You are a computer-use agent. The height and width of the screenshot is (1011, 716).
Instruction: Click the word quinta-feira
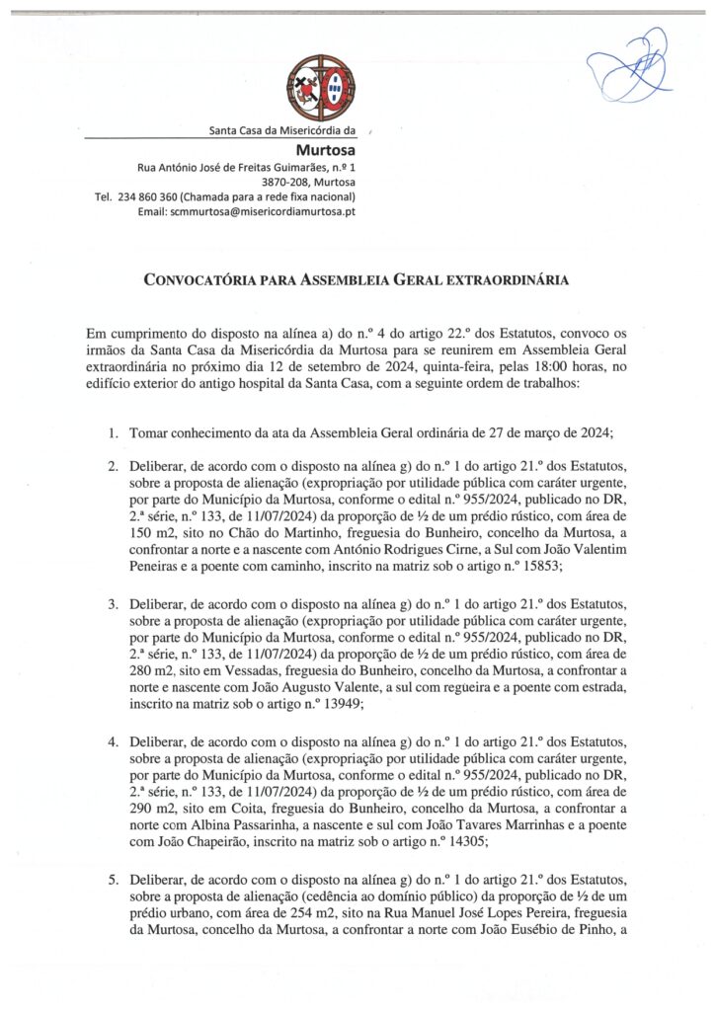point(391,365)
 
